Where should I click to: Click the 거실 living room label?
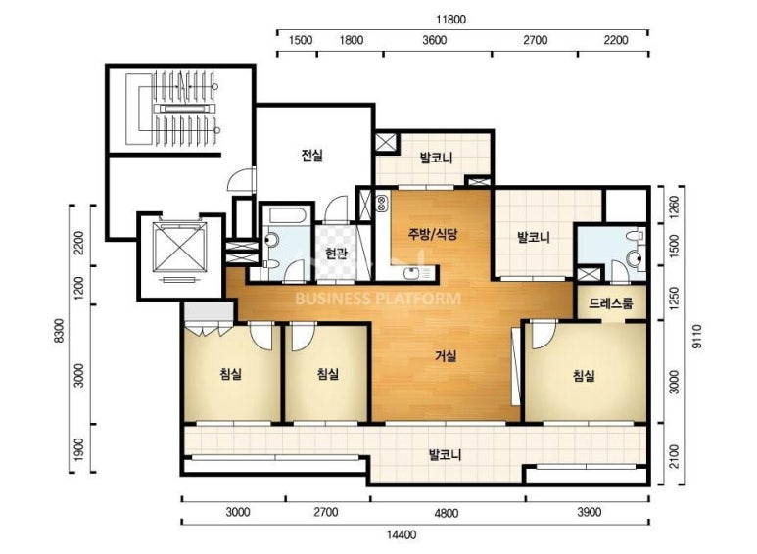pyautogui.click(x=446, y=356)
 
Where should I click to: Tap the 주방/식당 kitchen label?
pyautogui.click(x=433, y=235)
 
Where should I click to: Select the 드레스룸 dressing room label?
pyautogui.click(x=610, y=303)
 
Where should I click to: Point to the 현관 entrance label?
pyautogui.click(x=336, y=254)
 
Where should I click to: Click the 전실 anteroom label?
pyautogui.click(x=311, y=155)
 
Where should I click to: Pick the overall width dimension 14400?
pyautogui.click(x=402, y=534)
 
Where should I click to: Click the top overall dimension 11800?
pyautogui.click(x=450, y=20)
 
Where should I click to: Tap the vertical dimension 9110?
pyautogui.click(x=696, y=337)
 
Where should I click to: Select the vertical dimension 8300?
pyautogui.click(x=59, y=331)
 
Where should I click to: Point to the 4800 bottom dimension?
pyautogui.click(x=446, y=513)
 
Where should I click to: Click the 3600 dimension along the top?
pyautogui.click(x=435, y=40)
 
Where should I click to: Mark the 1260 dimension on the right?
pyautogui.click(x=674, y=207)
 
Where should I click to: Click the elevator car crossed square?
pyautogui.click(x=179, y=248)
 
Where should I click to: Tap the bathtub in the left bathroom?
pyautogui.click(x=287, y=215)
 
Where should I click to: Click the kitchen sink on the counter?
pyautogui.click(x=412, y=273)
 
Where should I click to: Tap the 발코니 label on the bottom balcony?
pyautogui.click(x=446, y=454)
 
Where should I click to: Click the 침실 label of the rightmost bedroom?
pyautogui.click(x=585, y=375)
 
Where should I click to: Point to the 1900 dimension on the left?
pyautogui.click(x=78, y=448)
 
